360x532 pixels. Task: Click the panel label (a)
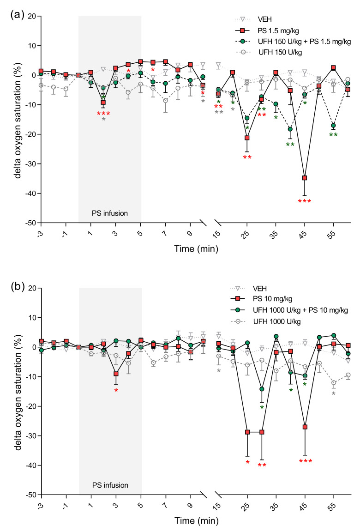[x=17, y=15]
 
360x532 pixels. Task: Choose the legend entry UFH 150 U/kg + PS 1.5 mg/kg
[x=293, y=42]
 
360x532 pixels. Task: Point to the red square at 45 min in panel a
[x=305, y=178]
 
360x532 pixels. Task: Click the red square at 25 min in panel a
[x=247, y=138]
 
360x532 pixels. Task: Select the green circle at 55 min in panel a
[x=334, y=126]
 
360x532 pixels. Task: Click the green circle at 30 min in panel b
[x=262, y=389]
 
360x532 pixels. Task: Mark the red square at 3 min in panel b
[x=116, y=374]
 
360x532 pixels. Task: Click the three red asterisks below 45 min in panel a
[x=305, y=201]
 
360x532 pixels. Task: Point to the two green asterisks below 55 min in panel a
[x=333, y=135]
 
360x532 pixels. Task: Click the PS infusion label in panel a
[x=110, y=213]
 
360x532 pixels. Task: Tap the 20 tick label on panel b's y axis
[x=33, y=288]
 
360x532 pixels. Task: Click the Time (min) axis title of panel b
[x=197, y=521]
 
